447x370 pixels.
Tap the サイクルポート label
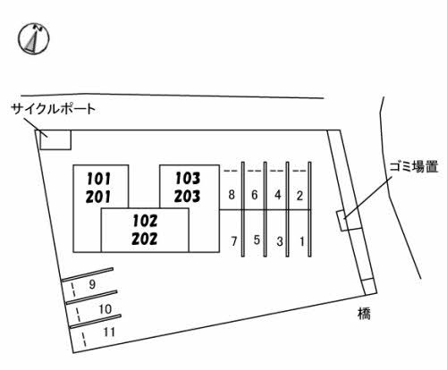click(x=53, y=109)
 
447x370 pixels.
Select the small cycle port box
click(x=55, y=139)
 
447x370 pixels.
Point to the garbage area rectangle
click(x=342, y=219)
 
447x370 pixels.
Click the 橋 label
click(x=361, y=314)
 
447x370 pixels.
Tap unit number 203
click(x=187, y=196)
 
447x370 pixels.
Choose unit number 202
click(x=143, y=239)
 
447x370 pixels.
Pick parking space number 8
click(x=232, y=195)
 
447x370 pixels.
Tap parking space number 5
click(x=256, y=240)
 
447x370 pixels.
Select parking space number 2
click(x=300, y=195)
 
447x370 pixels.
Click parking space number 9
click(x=93, y=284)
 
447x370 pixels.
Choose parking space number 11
click(x=110, y=332)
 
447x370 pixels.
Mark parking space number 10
click(x=105, y=309)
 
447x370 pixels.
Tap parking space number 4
click(x=278, y=195)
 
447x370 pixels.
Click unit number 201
click(x=98, y=196)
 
